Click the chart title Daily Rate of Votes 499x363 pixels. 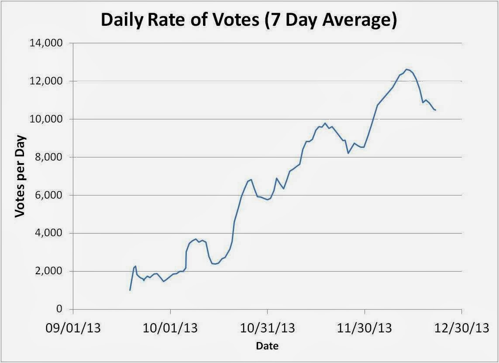(x=249, y=21)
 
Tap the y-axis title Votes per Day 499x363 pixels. (x=20, y=177)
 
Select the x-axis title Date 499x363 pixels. (x=267, y=346)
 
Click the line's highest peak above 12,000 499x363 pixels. (x=407, y=69)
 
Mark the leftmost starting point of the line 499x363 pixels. (x=130, y=290)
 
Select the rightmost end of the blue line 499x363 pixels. (x=435, y=110)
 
